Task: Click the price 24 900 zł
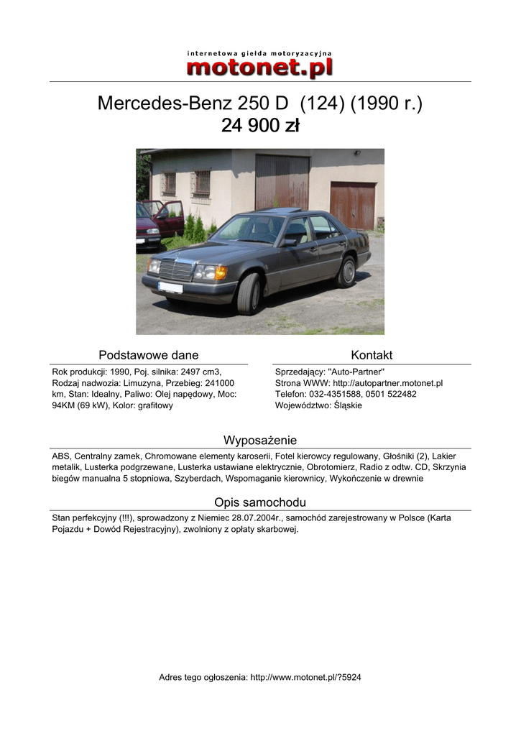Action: coord(259,126)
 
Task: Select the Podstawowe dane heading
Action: coord(148,355)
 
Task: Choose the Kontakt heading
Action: coord(372,355)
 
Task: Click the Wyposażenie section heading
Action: coord(259,440)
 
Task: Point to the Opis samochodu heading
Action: coord(259,502)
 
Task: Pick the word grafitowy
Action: coord(153,405)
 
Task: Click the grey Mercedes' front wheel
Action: coord(248,293)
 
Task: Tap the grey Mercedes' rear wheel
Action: coord(347,271)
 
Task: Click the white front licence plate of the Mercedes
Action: coord(170,287)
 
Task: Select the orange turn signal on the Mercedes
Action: coord(221,272)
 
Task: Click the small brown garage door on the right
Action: coord(352,206)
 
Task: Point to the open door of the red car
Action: coord(170,217)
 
